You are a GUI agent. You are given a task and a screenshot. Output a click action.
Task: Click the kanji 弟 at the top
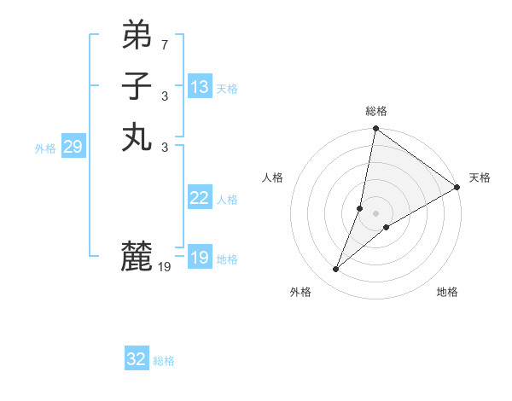point(137,36)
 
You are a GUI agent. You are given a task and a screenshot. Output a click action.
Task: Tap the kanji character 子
point(137,87)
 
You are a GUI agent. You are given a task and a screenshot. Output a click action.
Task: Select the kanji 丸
point(137,137)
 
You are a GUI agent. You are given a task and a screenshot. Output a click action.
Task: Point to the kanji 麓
point(137,256)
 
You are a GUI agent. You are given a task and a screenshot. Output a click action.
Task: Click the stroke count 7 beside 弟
point(165,44)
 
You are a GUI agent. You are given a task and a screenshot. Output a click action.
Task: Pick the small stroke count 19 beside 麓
point(165,267)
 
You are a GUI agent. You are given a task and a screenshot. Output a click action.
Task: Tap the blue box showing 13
point(200,87)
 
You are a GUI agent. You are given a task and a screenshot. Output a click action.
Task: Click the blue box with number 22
point(200,198)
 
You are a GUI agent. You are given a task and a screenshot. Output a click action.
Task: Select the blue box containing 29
point(73,147)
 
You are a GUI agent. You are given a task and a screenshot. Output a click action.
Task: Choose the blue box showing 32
point(137,359)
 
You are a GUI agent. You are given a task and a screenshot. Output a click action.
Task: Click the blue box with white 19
point(200,258)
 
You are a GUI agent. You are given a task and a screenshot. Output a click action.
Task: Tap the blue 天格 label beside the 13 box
point(227,89)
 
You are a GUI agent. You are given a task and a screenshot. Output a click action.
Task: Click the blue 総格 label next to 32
point(164,361)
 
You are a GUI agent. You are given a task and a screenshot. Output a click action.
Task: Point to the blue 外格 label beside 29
point(45,148)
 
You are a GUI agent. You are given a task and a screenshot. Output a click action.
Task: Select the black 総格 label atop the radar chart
point(376,111)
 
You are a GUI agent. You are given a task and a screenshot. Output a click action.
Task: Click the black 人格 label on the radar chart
point(273,177)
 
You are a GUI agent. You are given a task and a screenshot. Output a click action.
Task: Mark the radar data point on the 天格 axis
point(457,187)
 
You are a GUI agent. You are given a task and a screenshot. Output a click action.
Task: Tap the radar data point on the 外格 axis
point(336,270)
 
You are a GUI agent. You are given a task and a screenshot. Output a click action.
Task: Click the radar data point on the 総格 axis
point(376,130)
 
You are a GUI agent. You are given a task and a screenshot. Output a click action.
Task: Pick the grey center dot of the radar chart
point(376,213)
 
